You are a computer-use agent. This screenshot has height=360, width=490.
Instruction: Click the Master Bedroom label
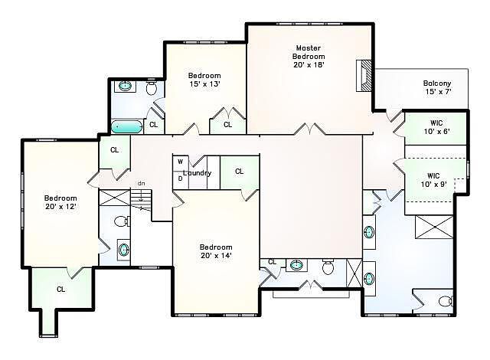point(309,52)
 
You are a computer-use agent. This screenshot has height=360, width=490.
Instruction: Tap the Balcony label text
point(437,83)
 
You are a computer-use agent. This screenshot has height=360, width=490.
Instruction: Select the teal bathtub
point(126,127)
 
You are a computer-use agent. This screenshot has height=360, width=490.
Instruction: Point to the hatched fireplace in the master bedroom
point(364,76)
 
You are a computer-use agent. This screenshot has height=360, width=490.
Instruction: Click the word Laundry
point(198,173)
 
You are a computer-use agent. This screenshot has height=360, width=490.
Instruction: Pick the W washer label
point(181,162)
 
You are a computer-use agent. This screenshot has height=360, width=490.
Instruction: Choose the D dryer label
point(181,178)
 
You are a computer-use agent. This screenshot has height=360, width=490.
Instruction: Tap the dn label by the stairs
point(142,183)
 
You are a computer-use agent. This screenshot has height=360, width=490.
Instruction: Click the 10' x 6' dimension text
point(436,131)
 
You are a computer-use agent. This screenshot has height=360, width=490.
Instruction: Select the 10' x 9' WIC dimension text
point(434,185)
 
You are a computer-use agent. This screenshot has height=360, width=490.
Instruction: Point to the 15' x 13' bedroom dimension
point(204,83)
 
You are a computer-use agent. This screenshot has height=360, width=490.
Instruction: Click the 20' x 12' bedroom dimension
point(61,207)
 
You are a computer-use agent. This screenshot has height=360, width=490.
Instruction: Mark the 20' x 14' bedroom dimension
point(216,255)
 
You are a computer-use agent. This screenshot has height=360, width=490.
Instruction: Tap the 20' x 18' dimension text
point(309,64)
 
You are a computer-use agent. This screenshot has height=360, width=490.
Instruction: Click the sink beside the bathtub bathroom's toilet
point(126,86)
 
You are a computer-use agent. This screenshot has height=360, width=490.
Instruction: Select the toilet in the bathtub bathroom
point(152,87)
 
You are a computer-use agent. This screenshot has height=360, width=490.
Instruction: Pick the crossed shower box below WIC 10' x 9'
point(434,227)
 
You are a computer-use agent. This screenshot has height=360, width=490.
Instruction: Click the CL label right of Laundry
point(240,172)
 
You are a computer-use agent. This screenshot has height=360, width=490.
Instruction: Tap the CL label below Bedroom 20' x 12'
point(61,290)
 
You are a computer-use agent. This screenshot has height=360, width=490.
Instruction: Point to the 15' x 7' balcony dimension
point(438,92)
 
